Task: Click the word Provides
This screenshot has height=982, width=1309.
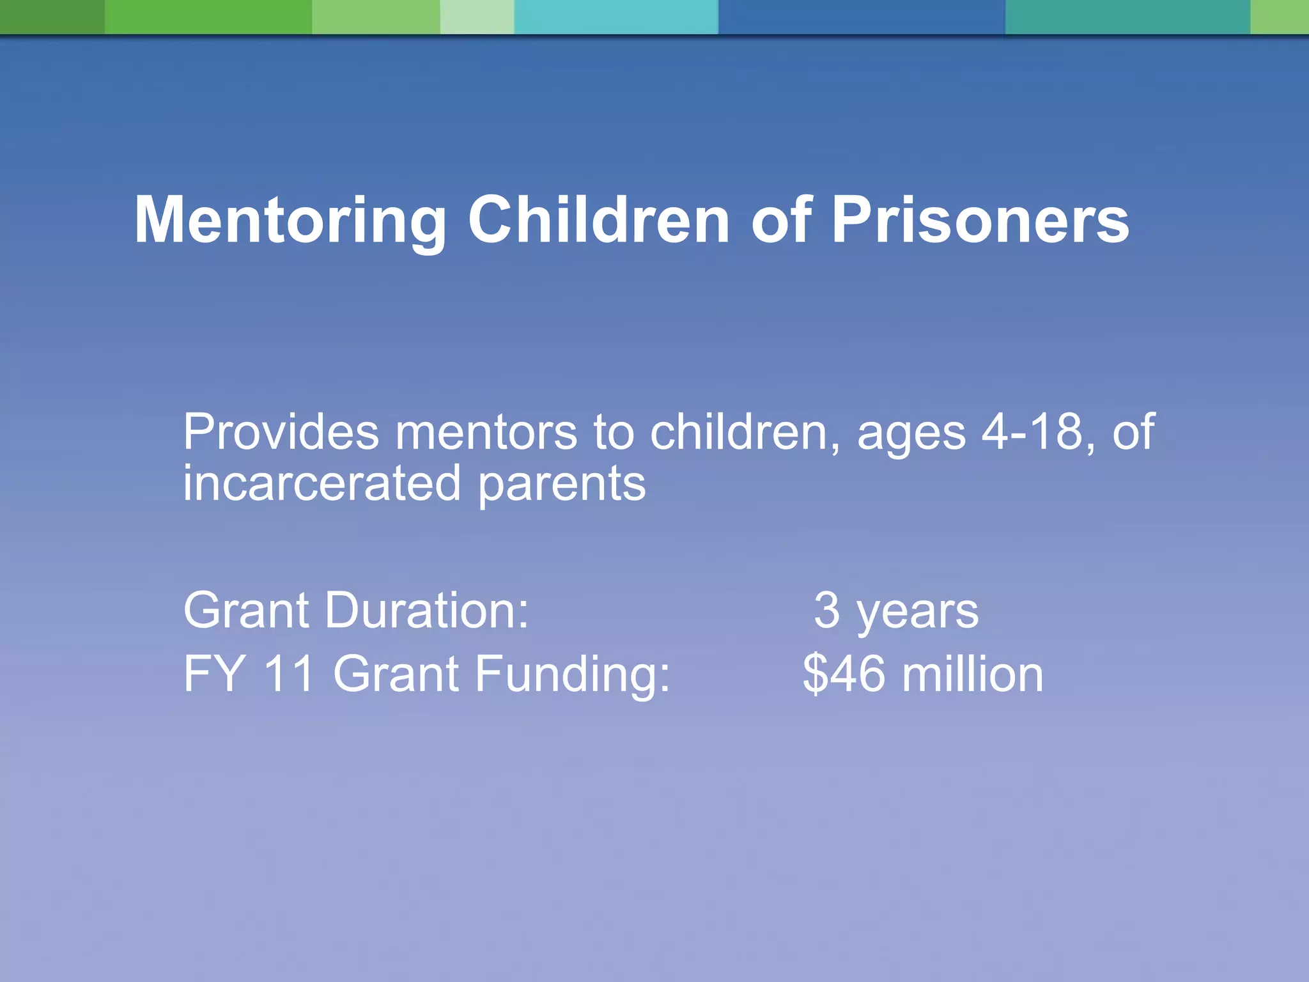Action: (x=281, y=433)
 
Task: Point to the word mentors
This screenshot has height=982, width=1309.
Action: (x=486, y=433)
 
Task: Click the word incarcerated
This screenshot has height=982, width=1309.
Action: (x=321, y=483)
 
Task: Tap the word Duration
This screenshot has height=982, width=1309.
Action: (x=427, y=611)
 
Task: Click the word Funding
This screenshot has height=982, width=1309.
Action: (x=572, y=675)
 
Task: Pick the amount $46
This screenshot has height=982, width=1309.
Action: (x=844, y=674)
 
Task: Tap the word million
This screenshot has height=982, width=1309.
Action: (x=972, y=674)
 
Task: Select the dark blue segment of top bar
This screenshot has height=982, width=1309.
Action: (x=861, y=17)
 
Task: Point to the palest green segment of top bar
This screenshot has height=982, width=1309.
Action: (x=477, y=17)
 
